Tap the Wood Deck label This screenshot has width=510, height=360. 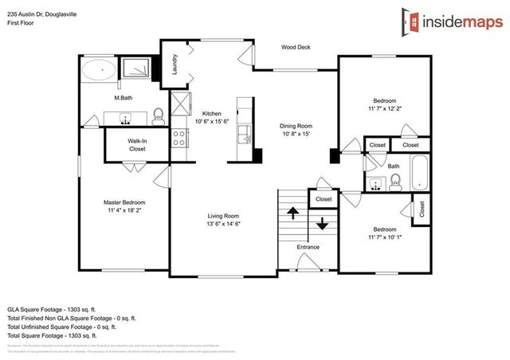pyautogui.click(x=296, y=47)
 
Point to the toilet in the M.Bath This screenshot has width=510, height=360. pyautogui.click(x=158, y=115)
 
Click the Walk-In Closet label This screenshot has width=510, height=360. pyautogui.click(x=137, y=143)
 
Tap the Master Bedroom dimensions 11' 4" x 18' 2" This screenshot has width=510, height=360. pyautogui.click(x=124, y=211)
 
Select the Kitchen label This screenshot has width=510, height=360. pyautogui.click(x=211, y=113)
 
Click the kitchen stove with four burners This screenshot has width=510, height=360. pyautogui.click(x=178, y=138)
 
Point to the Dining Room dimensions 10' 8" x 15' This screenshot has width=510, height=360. pyautogui.click(x=296, y=135)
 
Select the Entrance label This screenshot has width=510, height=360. pyautogui.click(x=308, y=247)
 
